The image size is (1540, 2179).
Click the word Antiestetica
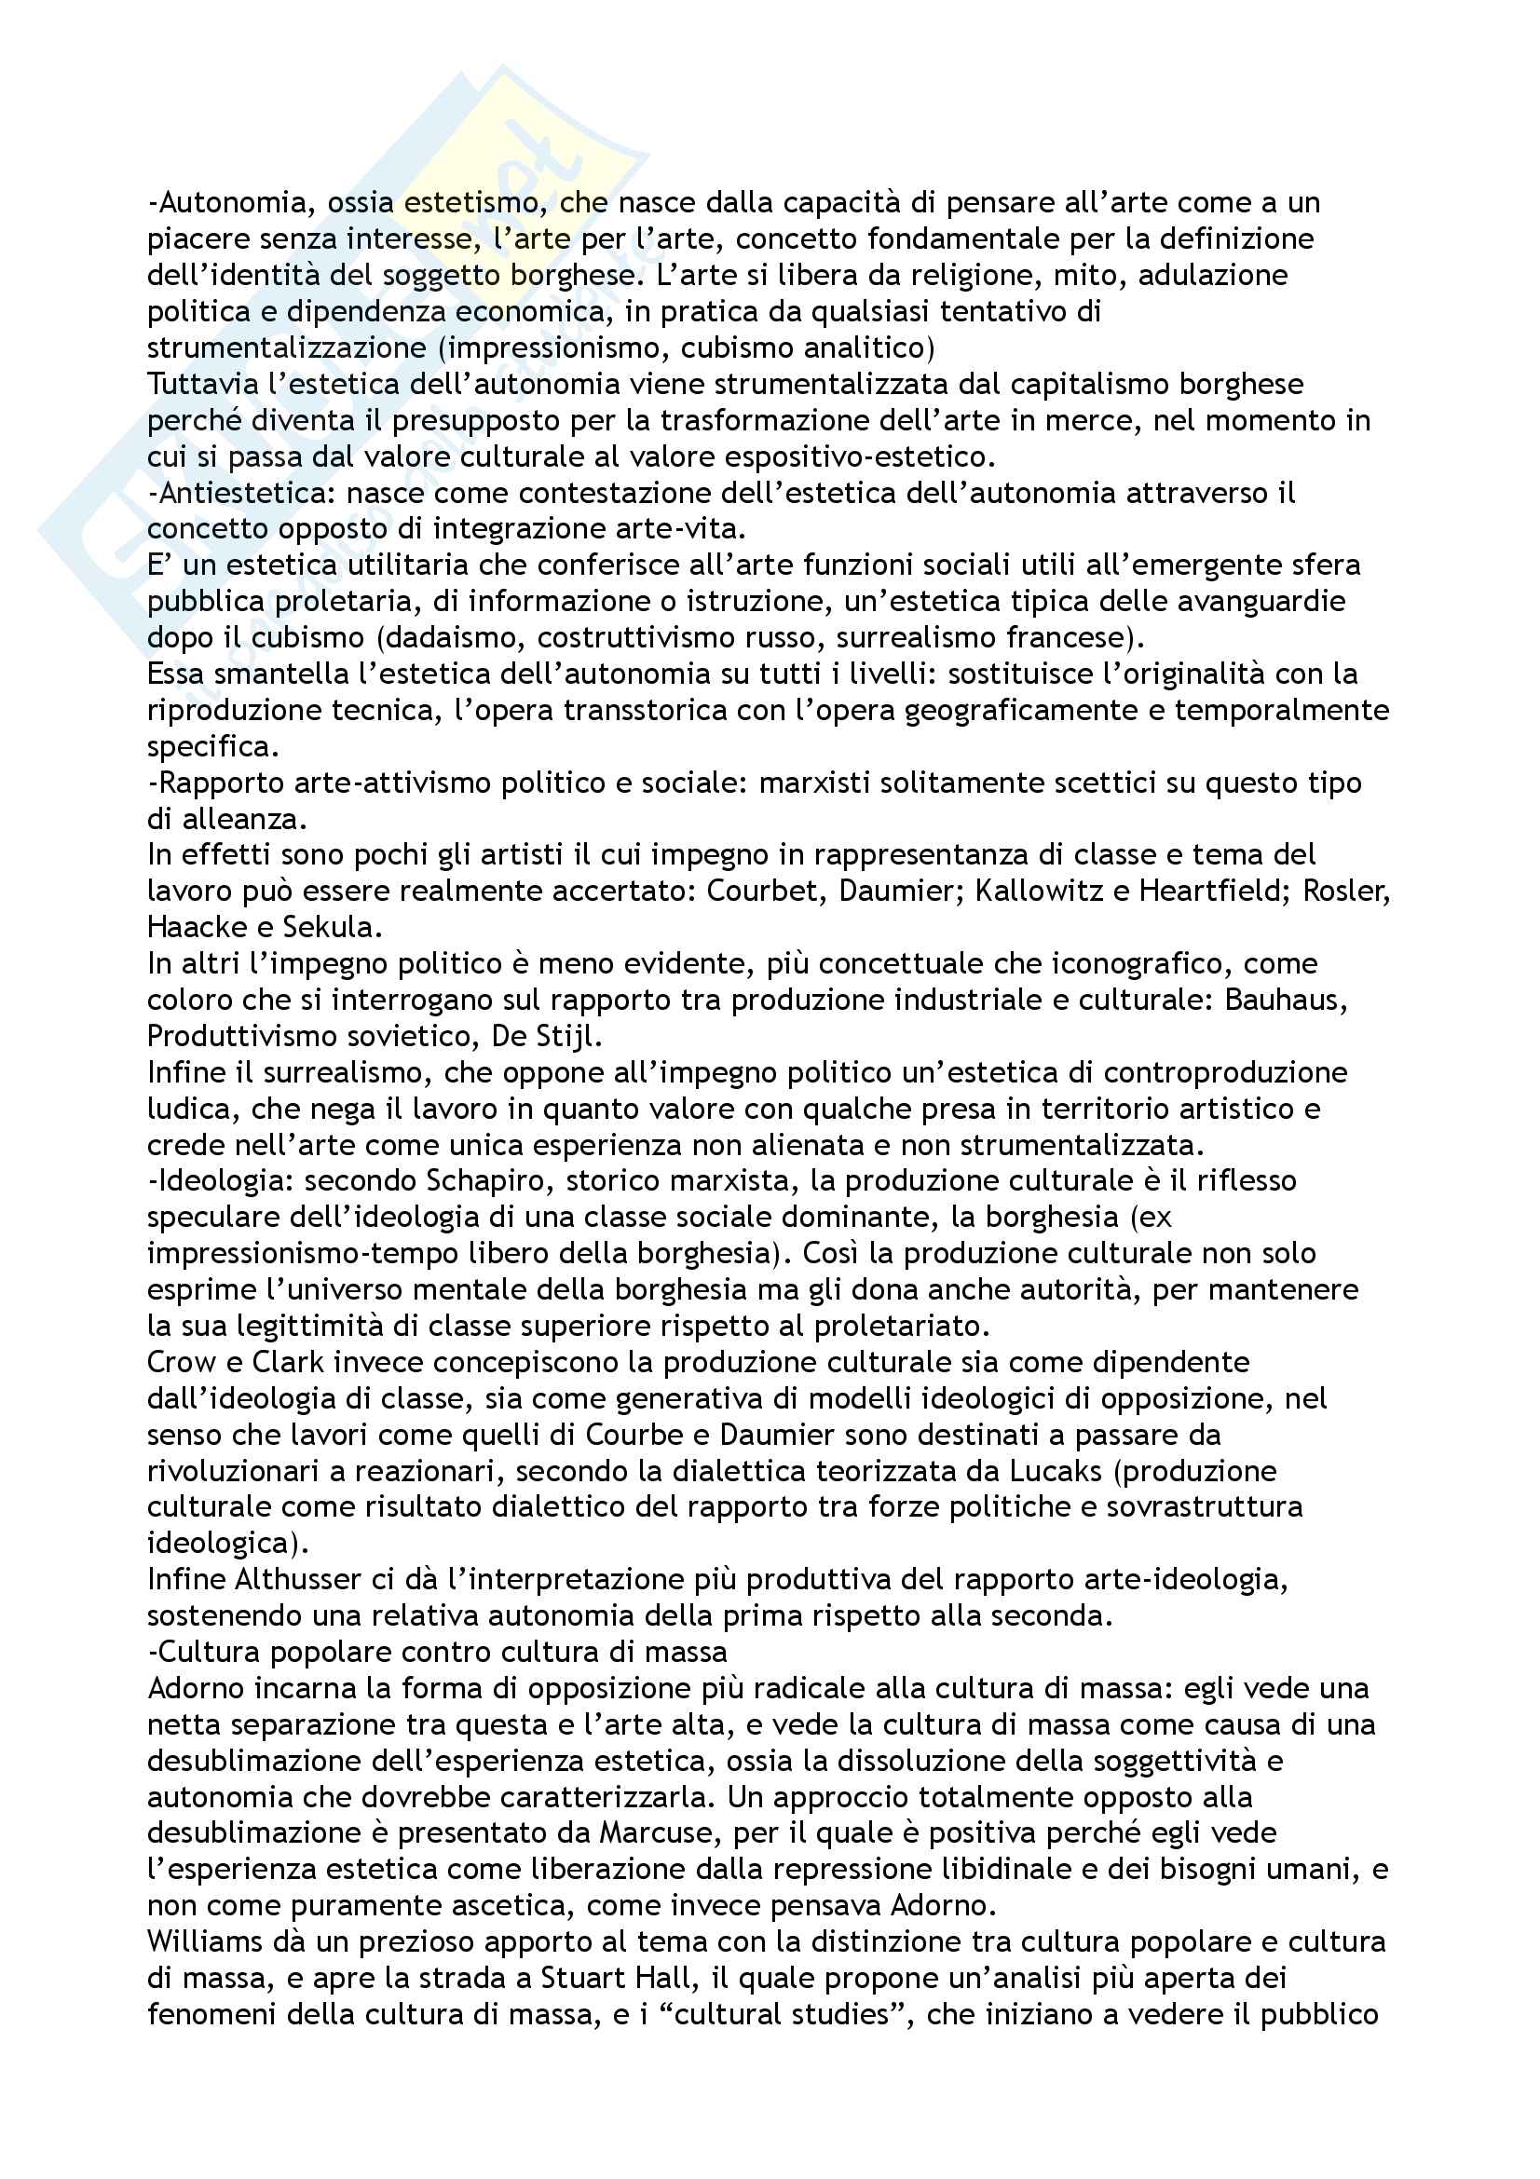coord(242,494)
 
